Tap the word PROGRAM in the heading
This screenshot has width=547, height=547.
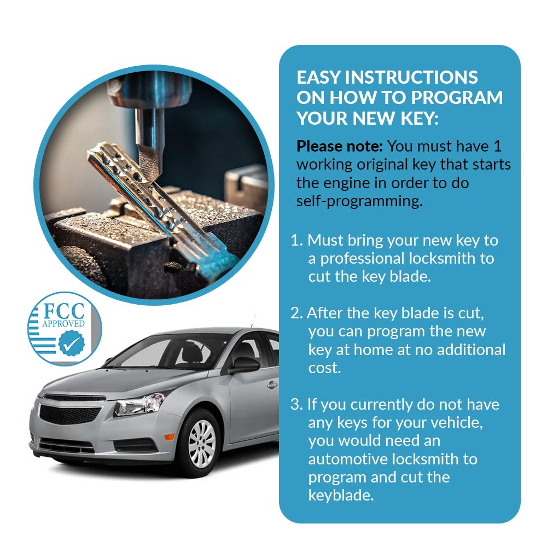[457, 97]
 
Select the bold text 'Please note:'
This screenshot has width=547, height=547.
[340, 146]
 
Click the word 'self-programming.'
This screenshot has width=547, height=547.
[359, 201]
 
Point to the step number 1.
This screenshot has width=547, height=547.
[296, 240]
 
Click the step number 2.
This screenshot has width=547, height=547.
[296, 313]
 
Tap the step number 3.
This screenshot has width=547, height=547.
[296, 405]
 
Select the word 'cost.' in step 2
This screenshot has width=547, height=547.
[324, 368]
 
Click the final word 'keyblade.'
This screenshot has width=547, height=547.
[341, 496]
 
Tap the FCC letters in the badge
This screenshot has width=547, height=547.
[63, 311]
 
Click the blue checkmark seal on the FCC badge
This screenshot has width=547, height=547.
[72, 344]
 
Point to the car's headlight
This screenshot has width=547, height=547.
[139, 404]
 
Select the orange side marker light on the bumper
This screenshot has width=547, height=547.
[169, 437]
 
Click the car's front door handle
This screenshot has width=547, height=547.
[272, 385]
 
